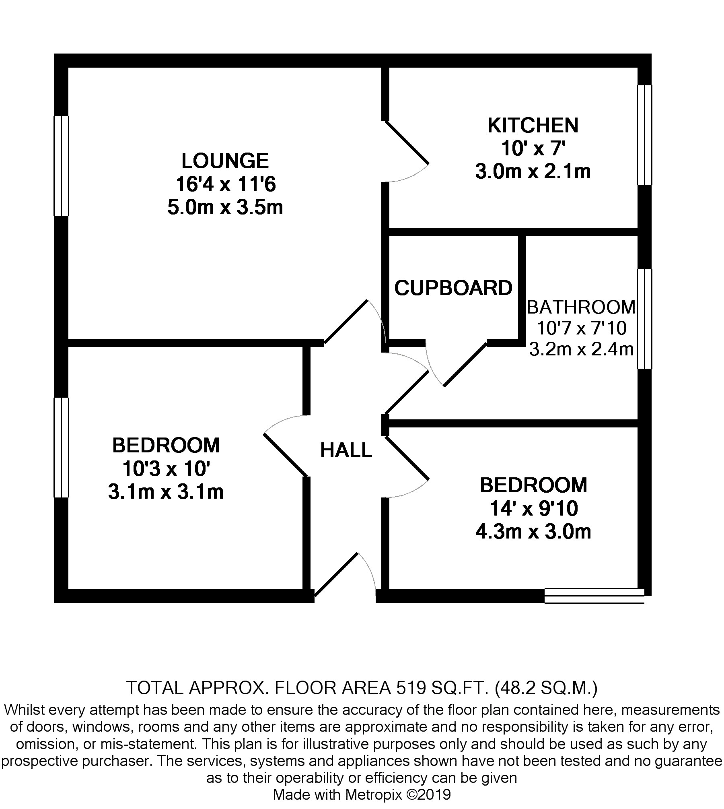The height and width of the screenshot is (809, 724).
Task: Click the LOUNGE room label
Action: (x=225, y=161)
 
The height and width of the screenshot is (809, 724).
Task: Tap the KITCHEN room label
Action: (x=533, y=126)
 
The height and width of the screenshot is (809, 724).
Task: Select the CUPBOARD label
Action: (x=453, y=288)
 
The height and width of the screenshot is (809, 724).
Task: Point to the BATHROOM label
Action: (x=581, y=308)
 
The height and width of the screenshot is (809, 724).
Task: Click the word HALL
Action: (x=346, y=450)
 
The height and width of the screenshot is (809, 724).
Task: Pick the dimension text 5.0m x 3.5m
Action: (x=225, y=208)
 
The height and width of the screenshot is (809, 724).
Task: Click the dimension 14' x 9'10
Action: (x=534, y=509)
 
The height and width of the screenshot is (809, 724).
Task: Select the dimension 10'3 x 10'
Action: (x=166, y=469)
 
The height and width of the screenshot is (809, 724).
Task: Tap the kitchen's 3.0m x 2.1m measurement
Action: (x=533, y=172)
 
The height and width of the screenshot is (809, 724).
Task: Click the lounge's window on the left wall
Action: (x=62, y=166)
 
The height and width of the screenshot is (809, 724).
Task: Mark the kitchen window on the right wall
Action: (x=644, y=135)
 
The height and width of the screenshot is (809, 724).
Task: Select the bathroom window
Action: (x=644, y=319)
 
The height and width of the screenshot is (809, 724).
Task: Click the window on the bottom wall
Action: (x=594, y=596)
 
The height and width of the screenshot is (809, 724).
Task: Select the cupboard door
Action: (x=465, y=365)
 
